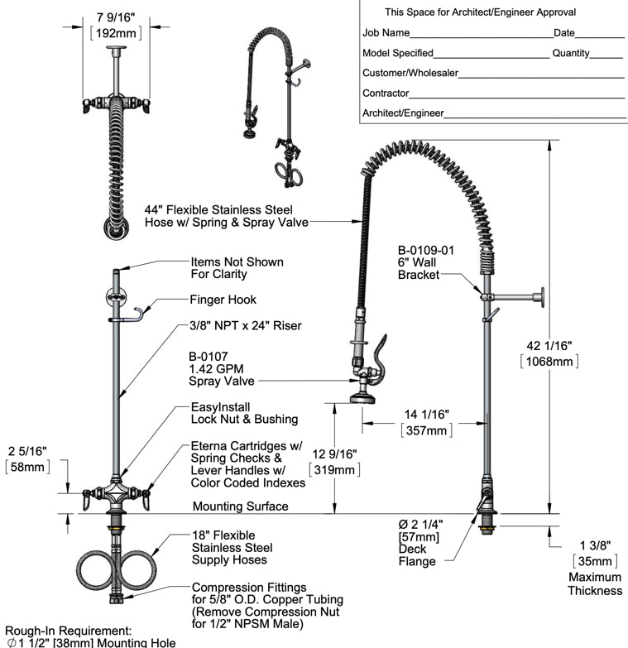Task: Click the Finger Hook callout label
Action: pos(223,300)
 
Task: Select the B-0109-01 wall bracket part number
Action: pos(426,249)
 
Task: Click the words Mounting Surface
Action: pos(240,506)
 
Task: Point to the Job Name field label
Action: pos(386,34)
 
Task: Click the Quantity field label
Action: pos(571,53)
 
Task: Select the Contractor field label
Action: pos(386,94)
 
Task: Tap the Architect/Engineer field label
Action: pos(403,113)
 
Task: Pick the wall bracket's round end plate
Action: pos(542,296)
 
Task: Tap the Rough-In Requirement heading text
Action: pos(68,630)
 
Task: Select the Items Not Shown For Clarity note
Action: pos(237,268)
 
